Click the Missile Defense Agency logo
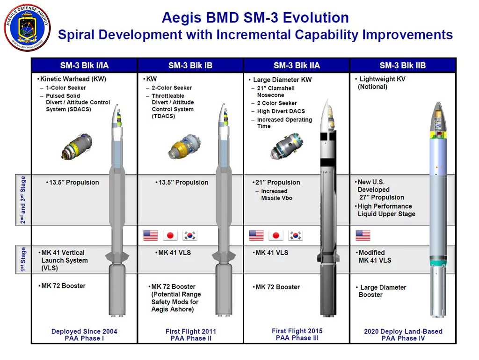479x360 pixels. tap(27, 28)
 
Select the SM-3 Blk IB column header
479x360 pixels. tap(190, 66)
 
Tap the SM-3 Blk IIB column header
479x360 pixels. tap(403, 66)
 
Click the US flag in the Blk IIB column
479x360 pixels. tap(363, 235)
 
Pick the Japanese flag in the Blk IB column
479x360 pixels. tap(170, 235)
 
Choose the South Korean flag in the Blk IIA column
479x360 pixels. tap(296, 235)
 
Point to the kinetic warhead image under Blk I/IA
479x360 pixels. tap(77, 147)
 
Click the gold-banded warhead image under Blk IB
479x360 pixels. tap(185, 147)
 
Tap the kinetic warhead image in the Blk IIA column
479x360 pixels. tap(287, 146)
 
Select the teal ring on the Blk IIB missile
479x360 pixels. tap(438, 263)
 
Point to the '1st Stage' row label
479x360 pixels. tap(23, 259)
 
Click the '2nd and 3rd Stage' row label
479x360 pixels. tap(23, 200)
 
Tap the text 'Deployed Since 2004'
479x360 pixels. tap(84, 331)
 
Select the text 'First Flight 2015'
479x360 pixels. tap(297, 331)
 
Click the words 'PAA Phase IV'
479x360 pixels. tap(403, 338)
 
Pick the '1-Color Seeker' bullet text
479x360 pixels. tap(66, 88)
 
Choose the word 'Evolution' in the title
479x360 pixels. tap(316, 17)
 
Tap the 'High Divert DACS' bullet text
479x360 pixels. tap(281, 111)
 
